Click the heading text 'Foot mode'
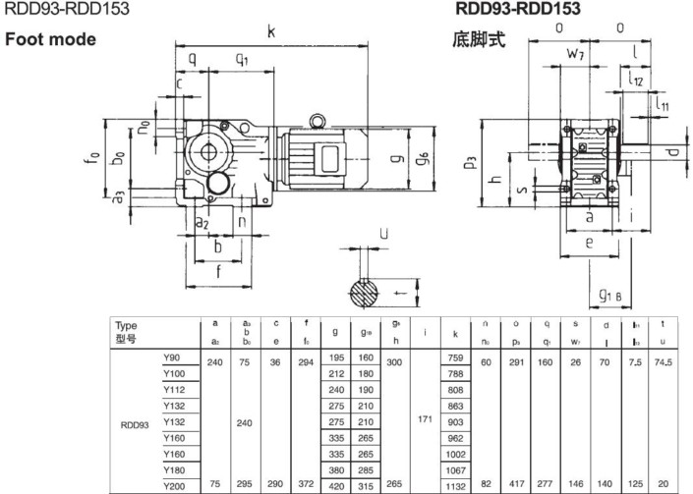(51, 40)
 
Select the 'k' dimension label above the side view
(271, 32)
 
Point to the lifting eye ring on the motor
(318, 121)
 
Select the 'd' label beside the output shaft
(671, 152)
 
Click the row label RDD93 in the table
(136, 426)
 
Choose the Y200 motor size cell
(176, 483)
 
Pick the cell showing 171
(426, 419)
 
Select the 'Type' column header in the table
(127, 324)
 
